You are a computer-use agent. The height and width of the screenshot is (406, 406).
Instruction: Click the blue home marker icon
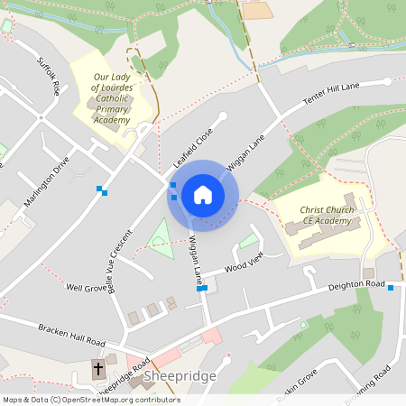202,195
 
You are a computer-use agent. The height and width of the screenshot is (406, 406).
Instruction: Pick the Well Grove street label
87,287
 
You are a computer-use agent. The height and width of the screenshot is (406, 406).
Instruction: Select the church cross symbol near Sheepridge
97,370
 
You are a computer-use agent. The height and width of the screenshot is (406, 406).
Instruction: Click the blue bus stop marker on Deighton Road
391,287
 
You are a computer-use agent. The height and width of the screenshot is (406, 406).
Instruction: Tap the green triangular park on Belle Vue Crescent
161,240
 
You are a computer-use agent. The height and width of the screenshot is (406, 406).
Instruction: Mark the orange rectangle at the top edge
256,9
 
